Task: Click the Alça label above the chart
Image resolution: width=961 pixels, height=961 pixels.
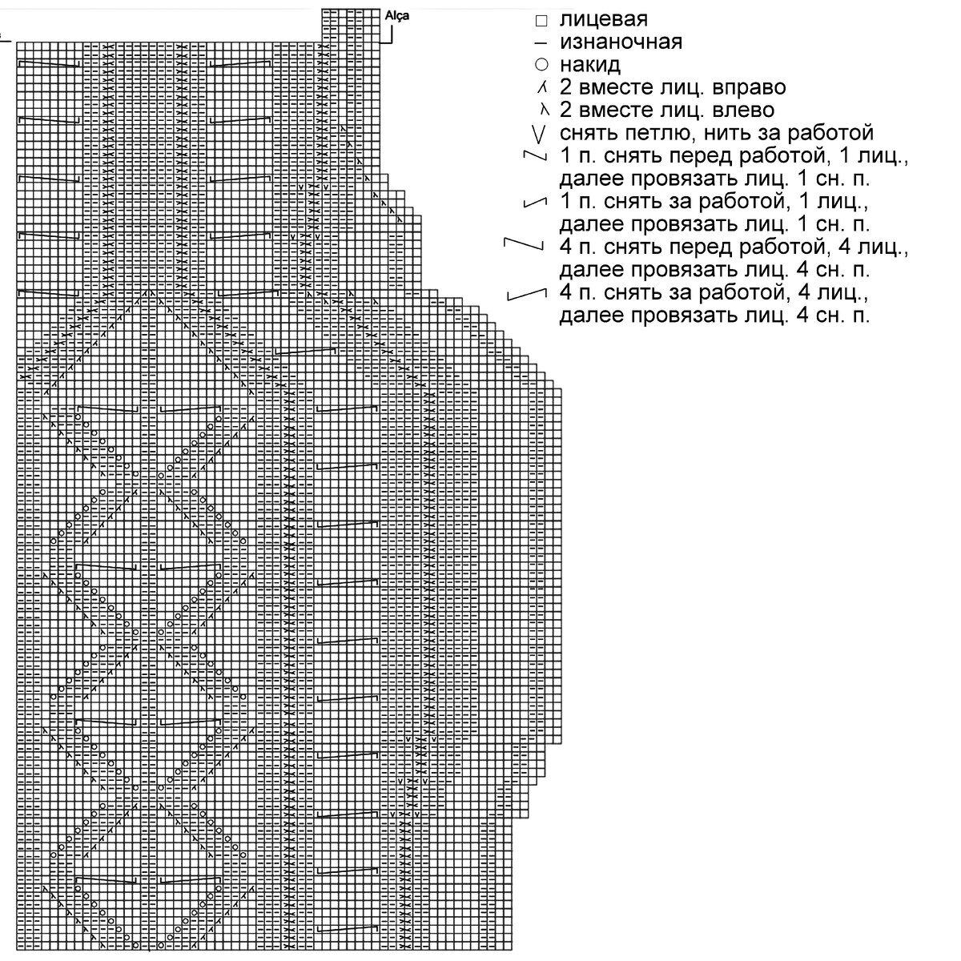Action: [397, 15]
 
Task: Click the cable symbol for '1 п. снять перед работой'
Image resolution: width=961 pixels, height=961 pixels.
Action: [530, 154]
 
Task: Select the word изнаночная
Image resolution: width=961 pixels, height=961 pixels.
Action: [621, 42]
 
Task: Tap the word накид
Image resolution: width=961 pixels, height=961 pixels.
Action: [590, 64]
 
